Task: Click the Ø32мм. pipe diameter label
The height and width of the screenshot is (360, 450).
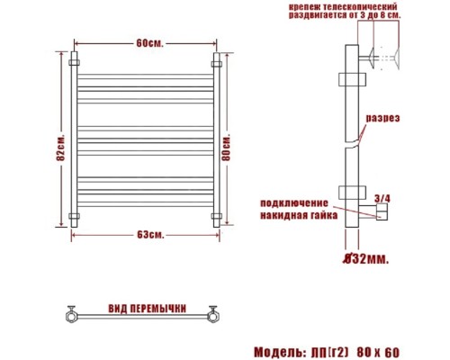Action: pos(365,259)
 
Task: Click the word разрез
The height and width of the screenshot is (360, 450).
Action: pos(381,119)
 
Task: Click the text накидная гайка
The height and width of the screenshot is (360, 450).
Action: pos(300,216)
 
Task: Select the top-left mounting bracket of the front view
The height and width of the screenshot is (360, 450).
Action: pos(74,63)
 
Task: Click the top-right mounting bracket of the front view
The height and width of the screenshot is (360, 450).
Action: pos(216,63)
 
